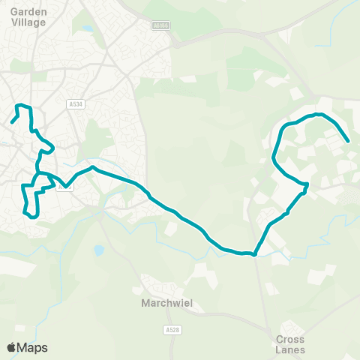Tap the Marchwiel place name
coord(162,304)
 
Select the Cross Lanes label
coord(289,343)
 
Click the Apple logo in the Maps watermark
coord(12,347)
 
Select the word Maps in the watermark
coord(32,347)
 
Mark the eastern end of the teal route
coord(349,140)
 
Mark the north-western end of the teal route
coord(12,121)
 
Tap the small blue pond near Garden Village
coord(88,28)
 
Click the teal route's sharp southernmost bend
coord(255,254)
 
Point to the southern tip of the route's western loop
coord(33,216)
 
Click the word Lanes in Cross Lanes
coord(289,349)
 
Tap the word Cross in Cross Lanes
coord(289,338)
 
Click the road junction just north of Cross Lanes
coord(271,328)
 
